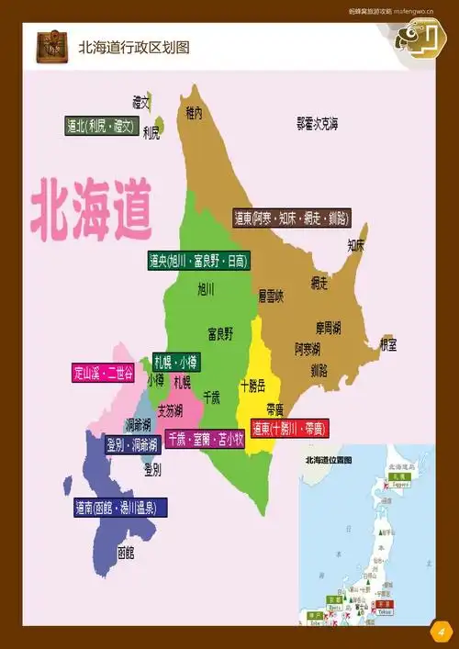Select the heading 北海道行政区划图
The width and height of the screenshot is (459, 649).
pos(134,47)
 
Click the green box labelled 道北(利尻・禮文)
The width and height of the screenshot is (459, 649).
pos(101,126)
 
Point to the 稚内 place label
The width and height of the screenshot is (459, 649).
pos(193,113)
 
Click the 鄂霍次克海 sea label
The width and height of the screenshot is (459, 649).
pos(317,122)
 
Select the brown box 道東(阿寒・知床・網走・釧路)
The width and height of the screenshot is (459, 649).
pos(291,218)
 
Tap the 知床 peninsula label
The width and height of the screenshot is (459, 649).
pos(355,245)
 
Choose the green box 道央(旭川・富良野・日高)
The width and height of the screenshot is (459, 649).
pos(198,262)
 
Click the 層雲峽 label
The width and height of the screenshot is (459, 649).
pos(271,296)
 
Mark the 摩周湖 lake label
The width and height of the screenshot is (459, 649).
pos(330,327)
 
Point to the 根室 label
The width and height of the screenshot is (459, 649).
pos(388,345)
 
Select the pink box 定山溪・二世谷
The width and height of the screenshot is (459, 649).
pos(102,373)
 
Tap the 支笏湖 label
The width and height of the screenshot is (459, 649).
pos(170,409)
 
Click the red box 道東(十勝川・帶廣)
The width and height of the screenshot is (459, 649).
pos(289,429)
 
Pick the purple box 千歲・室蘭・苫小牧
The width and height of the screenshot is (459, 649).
pos(205,440)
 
